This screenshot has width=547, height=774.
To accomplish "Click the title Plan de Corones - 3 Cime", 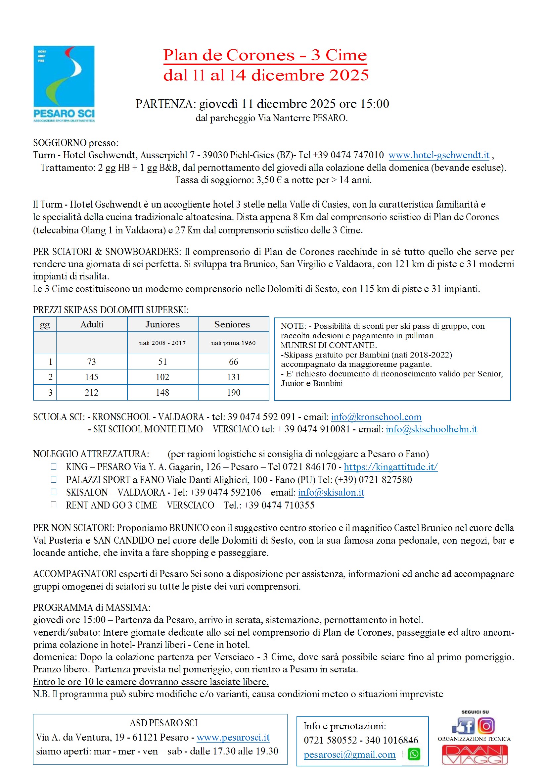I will [x=265, y=55].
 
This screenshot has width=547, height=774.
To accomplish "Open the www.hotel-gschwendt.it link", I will [x=438, y=155].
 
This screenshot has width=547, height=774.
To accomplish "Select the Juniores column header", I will [x=162, y=324].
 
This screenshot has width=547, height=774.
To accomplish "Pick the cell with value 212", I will [x=92, y=392].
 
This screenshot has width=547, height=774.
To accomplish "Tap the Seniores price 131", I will [x=233, y=377].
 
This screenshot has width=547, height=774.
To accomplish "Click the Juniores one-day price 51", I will [x=162, y=362].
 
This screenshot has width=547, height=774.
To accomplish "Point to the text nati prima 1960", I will [x=233, y=343].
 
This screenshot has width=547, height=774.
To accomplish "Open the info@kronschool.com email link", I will [x=376, y=417].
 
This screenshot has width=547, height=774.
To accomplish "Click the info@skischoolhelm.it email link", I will [x=432, y=429].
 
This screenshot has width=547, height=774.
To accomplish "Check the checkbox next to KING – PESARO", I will [x=54, y=466].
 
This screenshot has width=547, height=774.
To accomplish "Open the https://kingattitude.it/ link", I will [x=390, y=467].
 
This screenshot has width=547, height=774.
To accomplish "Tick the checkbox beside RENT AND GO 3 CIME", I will [x=54, y=505].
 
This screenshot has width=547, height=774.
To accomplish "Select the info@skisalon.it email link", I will [x=331, y=493].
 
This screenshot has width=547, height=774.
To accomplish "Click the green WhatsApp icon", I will [x=414, y=754].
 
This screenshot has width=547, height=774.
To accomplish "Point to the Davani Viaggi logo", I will [x=475, y=755].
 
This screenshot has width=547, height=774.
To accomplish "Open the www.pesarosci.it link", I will [x=233, y=738].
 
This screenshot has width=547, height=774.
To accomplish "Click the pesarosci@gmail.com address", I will [x=349, y=755].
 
